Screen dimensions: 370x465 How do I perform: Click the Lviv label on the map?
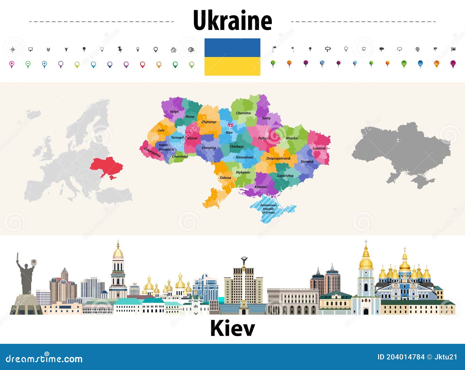[x=161, y=130]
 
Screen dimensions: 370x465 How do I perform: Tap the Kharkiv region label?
[x=292, y=138]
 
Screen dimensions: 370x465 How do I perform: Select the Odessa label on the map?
[x=225, y=178]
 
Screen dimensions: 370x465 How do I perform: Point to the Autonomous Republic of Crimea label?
[x=268, y=209]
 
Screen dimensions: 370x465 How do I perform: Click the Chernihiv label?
[x=243, y=113]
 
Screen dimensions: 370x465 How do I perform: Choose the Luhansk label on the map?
[x=319, y=148]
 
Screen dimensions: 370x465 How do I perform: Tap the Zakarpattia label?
[x=152, y=152]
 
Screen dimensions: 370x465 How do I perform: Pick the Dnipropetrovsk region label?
[x=278, y=158]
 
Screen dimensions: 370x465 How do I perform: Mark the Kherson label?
[x=261, y=187]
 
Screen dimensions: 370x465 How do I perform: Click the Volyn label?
[x=174, y=112]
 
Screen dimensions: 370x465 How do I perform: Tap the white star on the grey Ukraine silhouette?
[x=398, y=140]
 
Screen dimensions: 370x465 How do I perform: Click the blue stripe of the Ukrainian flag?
[x=232, y=48]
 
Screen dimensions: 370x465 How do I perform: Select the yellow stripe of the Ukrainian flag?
[x=232, y=66]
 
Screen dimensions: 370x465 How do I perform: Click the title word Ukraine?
[x=232, y=20]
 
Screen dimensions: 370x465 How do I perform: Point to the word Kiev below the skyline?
[x=232, y=328]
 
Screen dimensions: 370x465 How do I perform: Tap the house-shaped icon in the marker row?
[x=174, y=50]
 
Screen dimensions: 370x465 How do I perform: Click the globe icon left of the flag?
[x=191, y=50]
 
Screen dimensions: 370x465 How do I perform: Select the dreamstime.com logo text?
[x=44, y=359]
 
